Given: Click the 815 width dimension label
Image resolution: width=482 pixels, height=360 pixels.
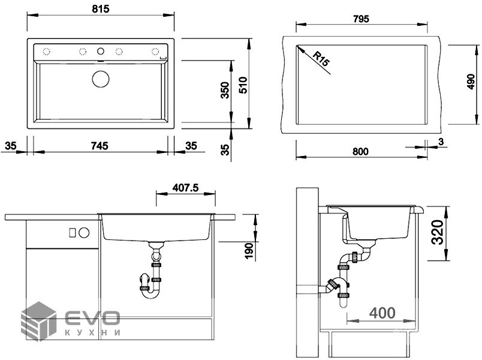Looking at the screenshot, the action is click(101, 9).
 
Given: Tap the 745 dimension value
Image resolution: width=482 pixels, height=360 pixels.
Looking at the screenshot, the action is click(100, 146).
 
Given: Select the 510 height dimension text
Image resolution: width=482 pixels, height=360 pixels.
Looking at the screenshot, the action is click(243, 85).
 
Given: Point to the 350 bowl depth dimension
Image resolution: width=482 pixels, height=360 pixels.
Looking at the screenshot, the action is click(225, 90).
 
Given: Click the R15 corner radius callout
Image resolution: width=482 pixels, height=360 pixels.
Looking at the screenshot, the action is click(321, 59).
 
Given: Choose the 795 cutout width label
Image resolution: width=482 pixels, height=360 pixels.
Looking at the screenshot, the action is click(361, 19).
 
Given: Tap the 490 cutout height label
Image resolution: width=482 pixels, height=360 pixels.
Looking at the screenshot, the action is click(471, 82).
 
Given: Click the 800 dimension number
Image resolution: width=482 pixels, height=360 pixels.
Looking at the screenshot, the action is click(360, 151).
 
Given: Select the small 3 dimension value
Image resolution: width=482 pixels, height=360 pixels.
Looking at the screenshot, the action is click(441, 142).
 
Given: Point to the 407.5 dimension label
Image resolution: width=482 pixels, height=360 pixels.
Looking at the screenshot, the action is click(185, 188).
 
